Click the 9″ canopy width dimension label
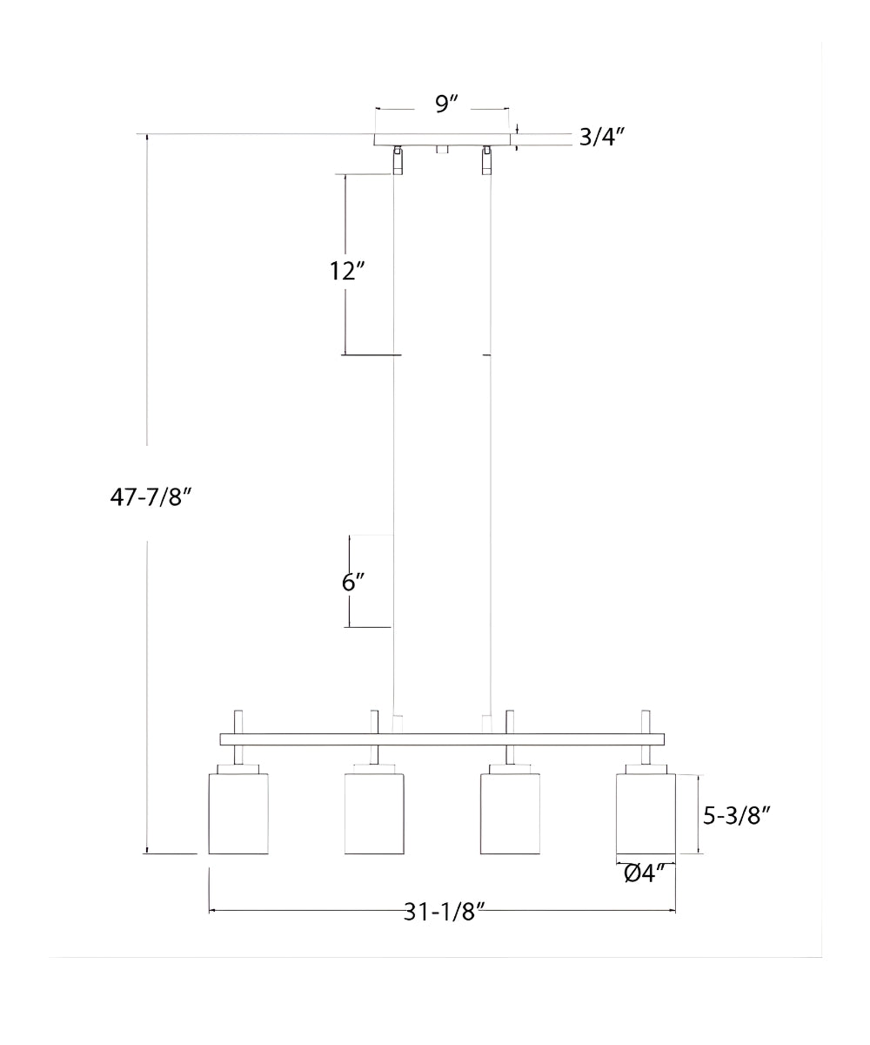tap(446, 104)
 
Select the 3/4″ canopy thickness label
tap(602, 137)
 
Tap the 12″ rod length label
tap(346, 271)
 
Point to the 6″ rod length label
tap(351, 582)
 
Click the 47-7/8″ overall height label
tap(150, 496)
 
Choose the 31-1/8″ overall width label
tap(443, 912)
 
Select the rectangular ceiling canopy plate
tap(442, 139)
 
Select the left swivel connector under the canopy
tap(398, 159)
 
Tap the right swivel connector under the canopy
tap(486, 159)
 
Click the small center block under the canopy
tap(442, 150)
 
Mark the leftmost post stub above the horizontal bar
tap(238, 722)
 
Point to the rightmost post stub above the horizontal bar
tap(646, 722)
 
